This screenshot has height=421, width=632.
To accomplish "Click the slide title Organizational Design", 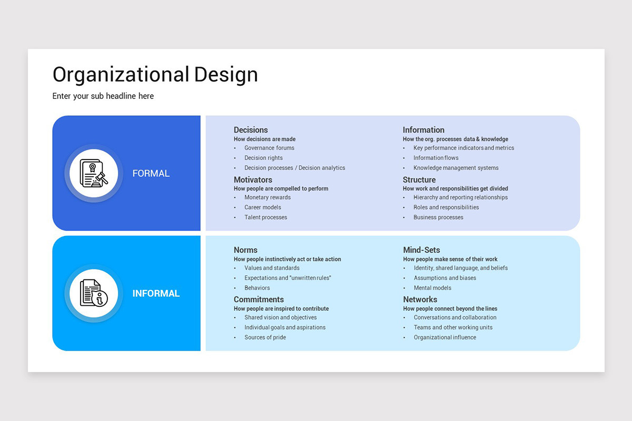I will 155,74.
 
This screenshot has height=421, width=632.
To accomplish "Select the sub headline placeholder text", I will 103,96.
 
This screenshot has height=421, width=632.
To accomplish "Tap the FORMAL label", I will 151,173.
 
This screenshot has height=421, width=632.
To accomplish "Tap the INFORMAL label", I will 156,293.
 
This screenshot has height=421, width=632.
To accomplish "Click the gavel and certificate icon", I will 94,173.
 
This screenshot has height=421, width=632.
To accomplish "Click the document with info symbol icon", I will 94,293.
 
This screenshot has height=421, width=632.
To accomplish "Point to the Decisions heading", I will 251,130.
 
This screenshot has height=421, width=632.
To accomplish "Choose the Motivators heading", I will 253,180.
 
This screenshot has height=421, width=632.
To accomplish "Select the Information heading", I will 423,130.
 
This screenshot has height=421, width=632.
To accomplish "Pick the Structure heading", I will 419,180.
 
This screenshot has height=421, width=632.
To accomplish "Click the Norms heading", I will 245,250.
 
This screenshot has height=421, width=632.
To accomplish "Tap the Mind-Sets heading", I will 421,250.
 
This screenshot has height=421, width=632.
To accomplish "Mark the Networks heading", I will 420,299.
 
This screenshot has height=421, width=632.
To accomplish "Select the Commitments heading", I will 259,299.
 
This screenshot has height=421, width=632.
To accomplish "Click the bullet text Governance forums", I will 269,148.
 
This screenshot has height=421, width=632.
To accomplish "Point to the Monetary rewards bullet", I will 268,197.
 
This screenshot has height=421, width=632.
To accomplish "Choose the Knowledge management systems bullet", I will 456,168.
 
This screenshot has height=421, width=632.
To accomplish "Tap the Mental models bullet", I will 432,288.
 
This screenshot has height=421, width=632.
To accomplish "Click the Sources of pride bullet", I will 265,337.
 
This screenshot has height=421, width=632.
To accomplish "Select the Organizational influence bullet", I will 445,337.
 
